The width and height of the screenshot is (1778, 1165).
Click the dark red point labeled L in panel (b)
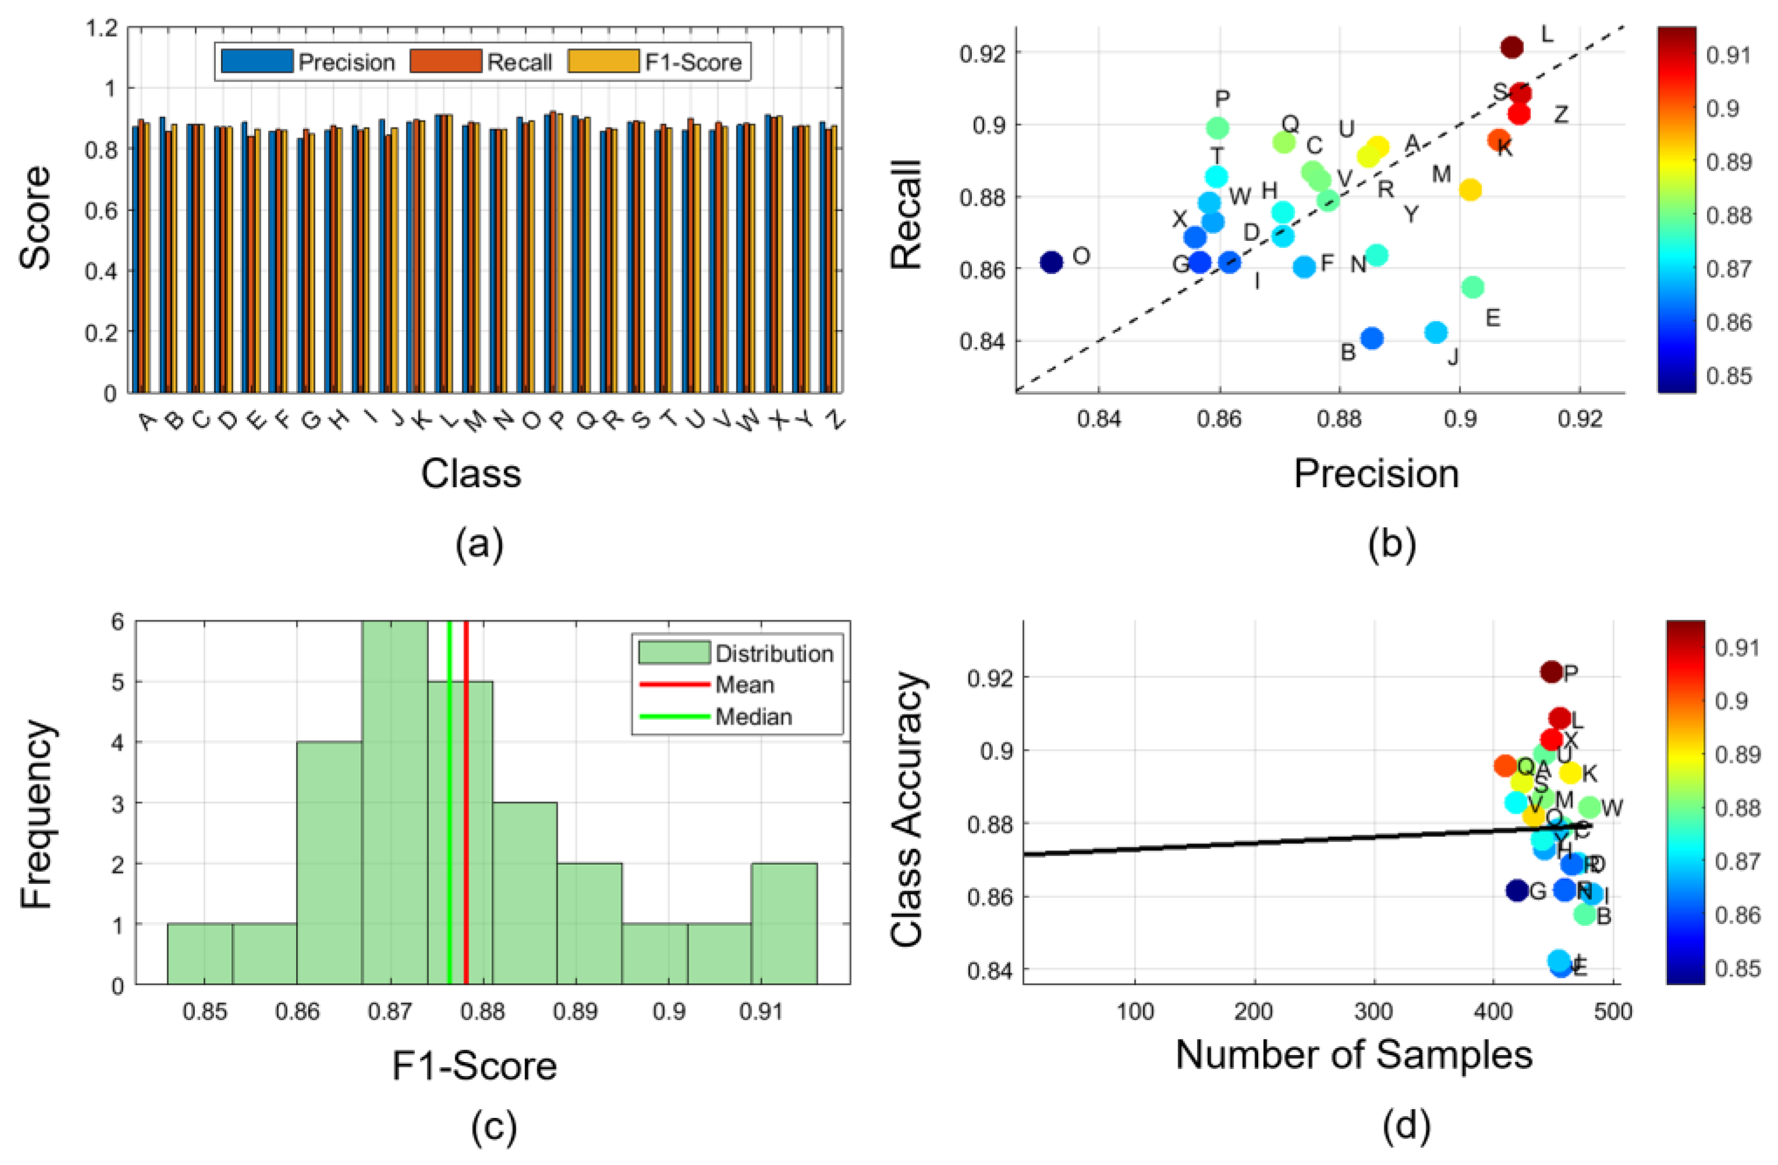click(x=1511, y=47)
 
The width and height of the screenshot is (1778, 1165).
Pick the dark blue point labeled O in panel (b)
click(x=1051, y=262)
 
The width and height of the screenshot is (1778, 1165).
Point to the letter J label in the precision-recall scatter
click(x=1453, y=357)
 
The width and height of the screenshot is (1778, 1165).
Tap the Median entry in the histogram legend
click(x=753, y=717)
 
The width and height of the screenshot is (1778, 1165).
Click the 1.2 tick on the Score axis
click(x=102, y=29)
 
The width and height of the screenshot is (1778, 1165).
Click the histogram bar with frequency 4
click(x=329, y=863)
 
